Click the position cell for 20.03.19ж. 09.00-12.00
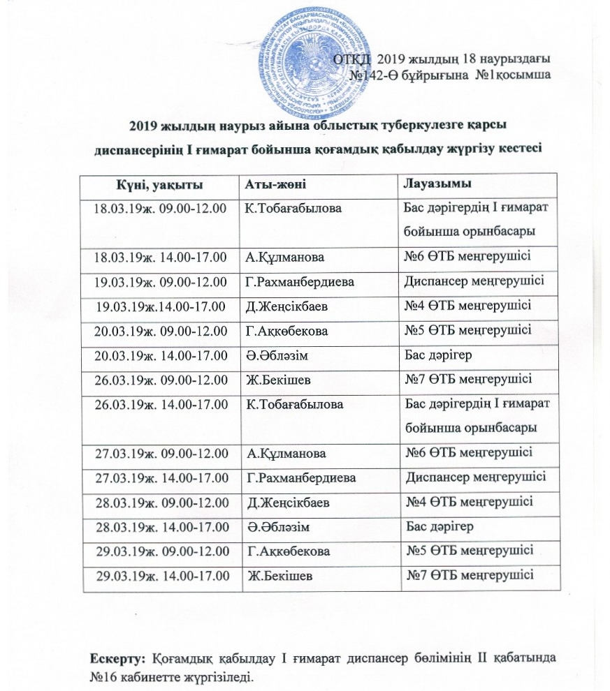468,329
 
